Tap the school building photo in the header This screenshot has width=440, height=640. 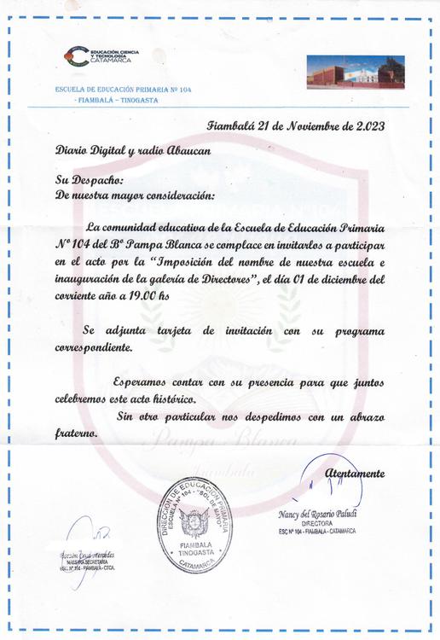tap(356, 71)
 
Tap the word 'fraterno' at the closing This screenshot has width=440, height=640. tap(76, 433)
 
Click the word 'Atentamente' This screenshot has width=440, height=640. tap(355, 474)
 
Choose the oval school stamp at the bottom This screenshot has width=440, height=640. tap(195, 524)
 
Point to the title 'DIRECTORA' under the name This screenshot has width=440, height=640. tap(316, 523)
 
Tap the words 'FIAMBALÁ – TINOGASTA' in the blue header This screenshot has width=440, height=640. tap(117, 100)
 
